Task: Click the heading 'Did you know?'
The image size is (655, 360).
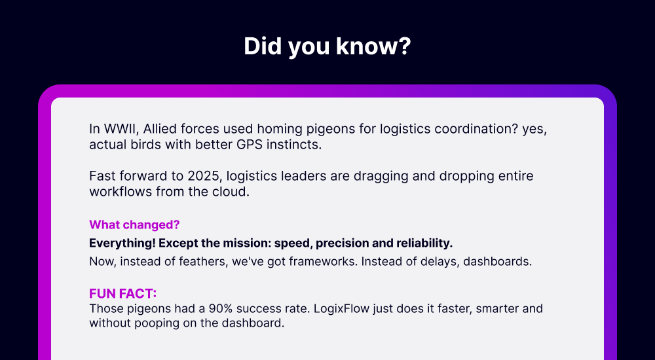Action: point(327,46)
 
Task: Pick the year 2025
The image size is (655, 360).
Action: point(203,176)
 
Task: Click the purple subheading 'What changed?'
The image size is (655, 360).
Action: point(134,225)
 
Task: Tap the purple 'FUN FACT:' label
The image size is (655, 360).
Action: point(123,294)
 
